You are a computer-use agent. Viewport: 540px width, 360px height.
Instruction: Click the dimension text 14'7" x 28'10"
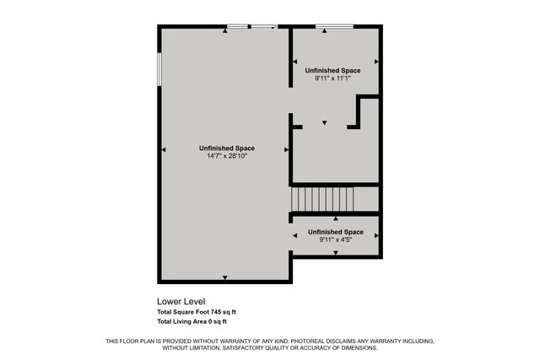(x=225, y=156)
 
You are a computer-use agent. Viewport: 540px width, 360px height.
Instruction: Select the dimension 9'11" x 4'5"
(x=336, y=239)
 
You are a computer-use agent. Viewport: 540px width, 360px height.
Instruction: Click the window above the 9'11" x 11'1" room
(x=334, y=26)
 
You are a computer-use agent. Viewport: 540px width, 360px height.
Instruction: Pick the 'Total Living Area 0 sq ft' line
(x=192, y=321)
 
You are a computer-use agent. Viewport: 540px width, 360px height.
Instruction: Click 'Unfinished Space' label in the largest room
(x=226, y=148)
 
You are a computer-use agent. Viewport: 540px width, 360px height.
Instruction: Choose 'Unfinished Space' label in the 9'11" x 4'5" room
(x=336, y=232)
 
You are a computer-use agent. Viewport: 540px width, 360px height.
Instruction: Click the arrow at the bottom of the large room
(x=224, y=277)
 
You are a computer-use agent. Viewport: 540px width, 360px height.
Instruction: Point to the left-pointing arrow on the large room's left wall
(x=164, y=150)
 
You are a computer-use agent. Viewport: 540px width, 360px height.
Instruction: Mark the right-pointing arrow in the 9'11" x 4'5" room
(x=376, y=236)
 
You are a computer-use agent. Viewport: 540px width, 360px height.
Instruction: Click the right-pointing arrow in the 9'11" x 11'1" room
(x=376, y=62)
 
